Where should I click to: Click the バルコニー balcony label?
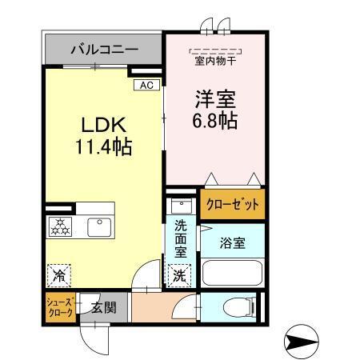tap(104, 50)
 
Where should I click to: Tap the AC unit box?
tap(146, 84)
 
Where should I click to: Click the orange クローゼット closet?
tap(233, 205)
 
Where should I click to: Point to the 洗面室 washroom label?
tap(181, 238)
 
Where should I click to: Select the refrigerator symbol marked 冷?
tap(58, 274)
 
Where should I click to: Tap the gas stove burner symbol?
tap(61, 226)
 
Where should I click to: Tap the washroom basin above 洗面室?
tap(178, 203)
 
